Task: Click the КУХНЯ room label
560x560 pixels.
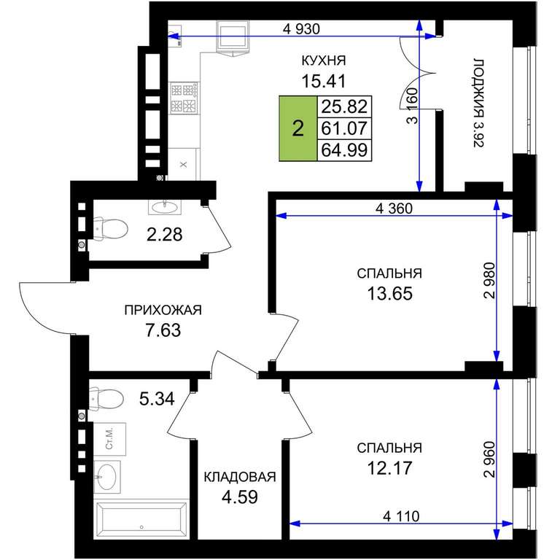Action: click(324, 61)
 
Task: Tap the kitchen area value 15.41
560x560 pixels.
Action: click(324, 81)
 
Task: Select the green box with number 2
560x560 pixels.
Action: click(298, 128)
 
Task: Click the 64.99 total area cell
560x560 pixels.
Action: click(345, 149)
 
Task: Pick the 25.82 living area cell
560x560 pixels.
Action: click(345, 106)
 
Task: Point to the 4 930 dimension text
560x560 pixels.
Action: click(301, 29)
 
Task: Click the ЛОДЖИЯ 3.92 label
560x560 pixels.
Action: click(478, 104)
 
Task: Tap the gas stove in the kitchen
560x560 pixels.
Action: click(184, 98)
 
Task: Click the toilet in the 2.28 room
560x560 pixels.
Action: click(110, 228)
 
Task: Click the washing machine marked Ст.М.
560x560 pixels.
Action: click(109, 439)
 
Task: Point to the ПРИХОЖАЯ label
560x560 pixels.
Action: click(163, 310)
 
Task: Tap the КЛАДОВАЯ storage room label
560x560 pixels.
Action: click(240, 477)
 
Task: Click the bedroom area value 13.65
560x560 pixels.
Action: click(389, 294)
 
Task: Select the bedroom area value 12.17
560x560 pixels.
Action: click(389, 468)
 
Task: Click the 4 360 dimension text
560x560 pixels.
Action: click(394, 209)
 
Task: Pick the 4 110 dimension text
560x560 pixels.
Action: click(401, 516)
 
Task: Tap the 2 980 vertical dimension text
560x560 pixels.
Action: click(490, 280)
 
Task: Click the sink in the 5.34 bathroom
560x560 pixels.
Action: click(106, 477)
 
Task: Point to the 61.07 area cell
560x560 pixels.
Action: click(345, 128)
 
